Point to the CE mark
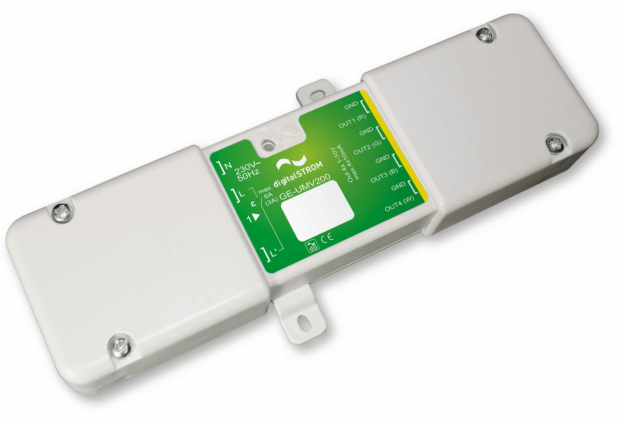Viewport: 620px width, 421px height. [327, 237]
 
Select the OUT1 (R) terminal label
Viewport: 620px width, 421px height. [353, 121]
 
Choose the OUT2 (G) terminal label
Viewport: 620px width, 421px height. [368, 148]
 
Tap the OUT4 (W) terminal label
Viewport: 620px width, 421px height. [400, 205]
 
